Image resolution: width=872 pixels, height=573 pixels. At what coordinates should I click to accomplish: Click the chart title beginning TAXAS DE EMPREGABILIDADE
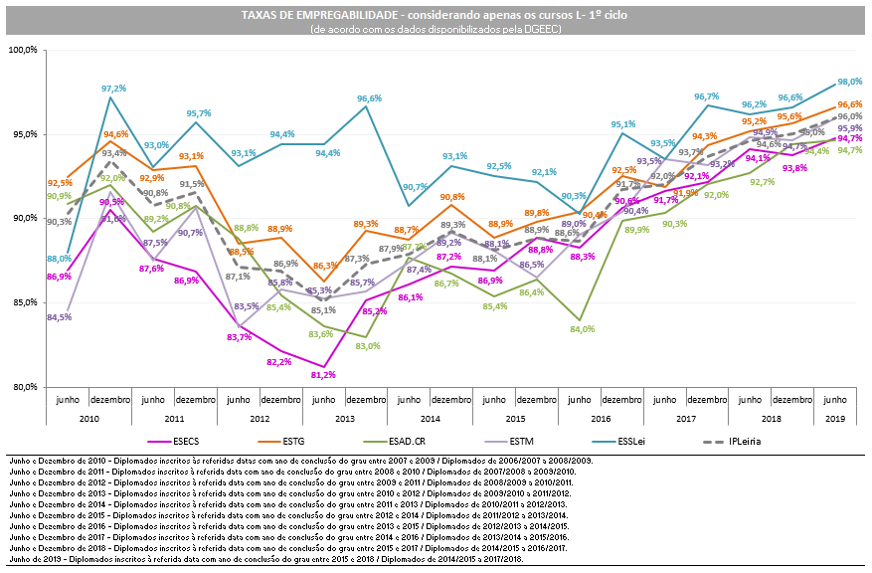[435, 15]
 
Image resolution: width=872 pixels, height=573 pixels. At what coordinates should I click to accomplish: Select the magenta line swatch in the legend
[159, 441]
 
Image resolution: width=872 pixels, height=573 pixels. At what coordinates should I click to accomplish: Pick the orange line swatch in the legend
[269, 441]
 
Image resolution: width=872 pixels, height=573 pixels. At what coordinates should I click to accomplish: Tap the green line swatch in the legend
[375, 441]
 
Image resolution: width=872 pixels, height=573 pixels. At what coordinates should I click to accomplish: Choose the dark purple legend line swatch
[495, 441]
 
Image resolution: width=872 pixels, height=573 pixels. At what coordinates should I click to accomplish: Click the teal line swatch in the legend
[604, 441]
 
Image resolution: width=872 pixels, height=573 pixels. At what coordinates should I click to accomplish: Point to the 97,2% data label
[113, 89]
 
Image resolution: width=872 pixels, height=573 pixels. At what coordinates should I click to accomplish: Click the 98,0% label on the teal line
[849, 82]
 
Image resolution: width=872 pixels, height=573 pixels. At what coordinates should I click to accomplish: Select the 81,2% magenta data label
[323, 375]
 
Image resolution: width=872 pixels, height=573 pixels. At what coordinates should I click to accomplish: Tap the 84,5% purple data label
[59, 317]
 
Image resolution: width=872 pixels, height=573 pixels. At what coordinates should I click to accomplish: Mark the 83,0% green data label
[367, 346]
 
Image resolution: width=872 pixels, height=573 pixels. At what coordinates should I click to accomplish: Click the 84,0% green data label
[582, 328]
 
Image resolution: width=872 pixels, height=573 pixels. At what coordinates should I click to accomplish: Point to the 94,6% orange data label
[115, 133]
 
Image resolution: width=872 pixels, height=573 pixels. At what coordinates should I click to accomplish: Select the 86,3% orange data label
[325, 266]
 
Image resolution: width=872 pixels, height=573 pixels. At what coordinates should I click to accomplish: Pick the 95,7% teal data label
[199, 113]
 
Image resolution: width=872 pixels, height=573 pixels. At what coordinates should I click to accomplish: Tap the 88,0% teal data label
[59, 259]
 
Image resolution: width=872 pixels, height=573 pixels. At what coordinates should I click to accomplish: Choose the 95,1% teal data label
[623, 124]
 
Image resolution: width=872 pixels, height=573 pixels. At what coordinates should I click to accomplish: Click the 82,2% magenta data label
[279, 362]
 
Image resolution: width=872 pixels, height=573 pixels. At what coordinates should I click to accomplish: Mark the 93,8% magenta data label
[794, 168]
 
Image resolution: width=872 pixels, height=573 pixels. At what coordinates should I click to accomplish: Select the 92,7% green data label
[762, 182]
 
